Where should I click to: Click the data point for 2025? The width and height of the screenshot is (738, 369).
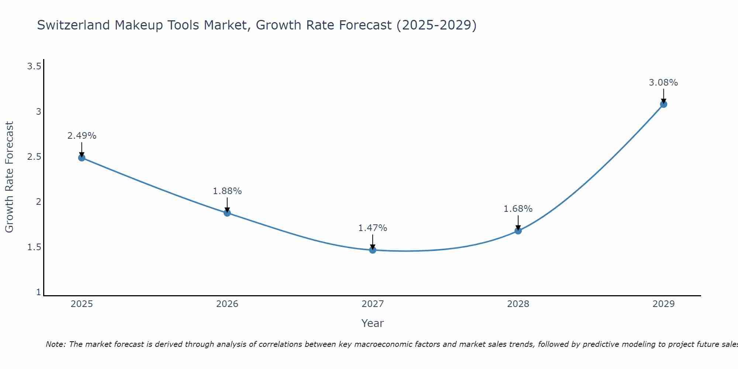coord(82,158)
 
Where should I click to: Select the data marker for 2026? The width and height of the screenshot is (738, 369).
coord(227,213)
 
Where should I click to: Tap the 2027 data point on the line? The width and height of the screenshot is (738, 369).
coord(373,250)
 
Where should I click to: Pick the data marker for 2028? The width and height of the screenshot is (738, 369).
coord(518,231)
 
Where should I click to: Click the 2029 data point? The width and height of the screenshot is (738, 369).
coord(663,104)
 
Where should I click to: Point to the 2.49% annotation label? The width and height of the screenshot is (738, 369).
coord(82,136)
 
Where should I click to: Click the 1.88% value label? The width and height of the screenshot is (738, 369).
coord(227,191)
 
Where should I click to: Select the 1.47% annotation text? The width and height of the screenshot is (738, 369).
coord(373,228)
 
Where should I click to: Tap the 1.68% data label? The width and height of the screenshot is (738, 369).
coord(518,209)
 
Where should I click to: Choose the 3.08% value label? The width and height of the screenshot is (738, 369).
coord(663,83)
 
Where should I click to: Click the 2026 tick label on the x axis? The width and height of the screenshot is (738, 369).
coord(227,304)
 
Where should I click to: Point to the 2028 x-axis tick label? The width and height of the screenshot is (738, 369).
coord(518,304)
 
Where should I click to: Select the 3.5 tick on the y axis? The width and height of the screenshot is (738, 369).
coord(34,66)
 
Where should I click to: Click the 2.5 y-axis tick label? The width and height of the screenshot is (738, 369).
coord(34,157)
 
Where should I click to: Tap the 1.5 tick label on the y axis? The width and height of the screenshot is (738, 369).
coord(34,247)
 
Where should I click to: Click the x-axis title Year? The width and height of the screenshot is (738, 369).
coord(373,323)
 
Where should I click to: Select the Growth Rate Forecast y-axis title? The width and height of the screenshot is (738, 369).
coord(9,177)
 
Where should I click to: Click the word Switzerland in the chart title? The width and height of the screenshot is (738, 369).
coord(73,25)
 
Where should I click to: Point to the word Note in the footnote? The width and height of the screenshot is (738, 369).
coord(55,344)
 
